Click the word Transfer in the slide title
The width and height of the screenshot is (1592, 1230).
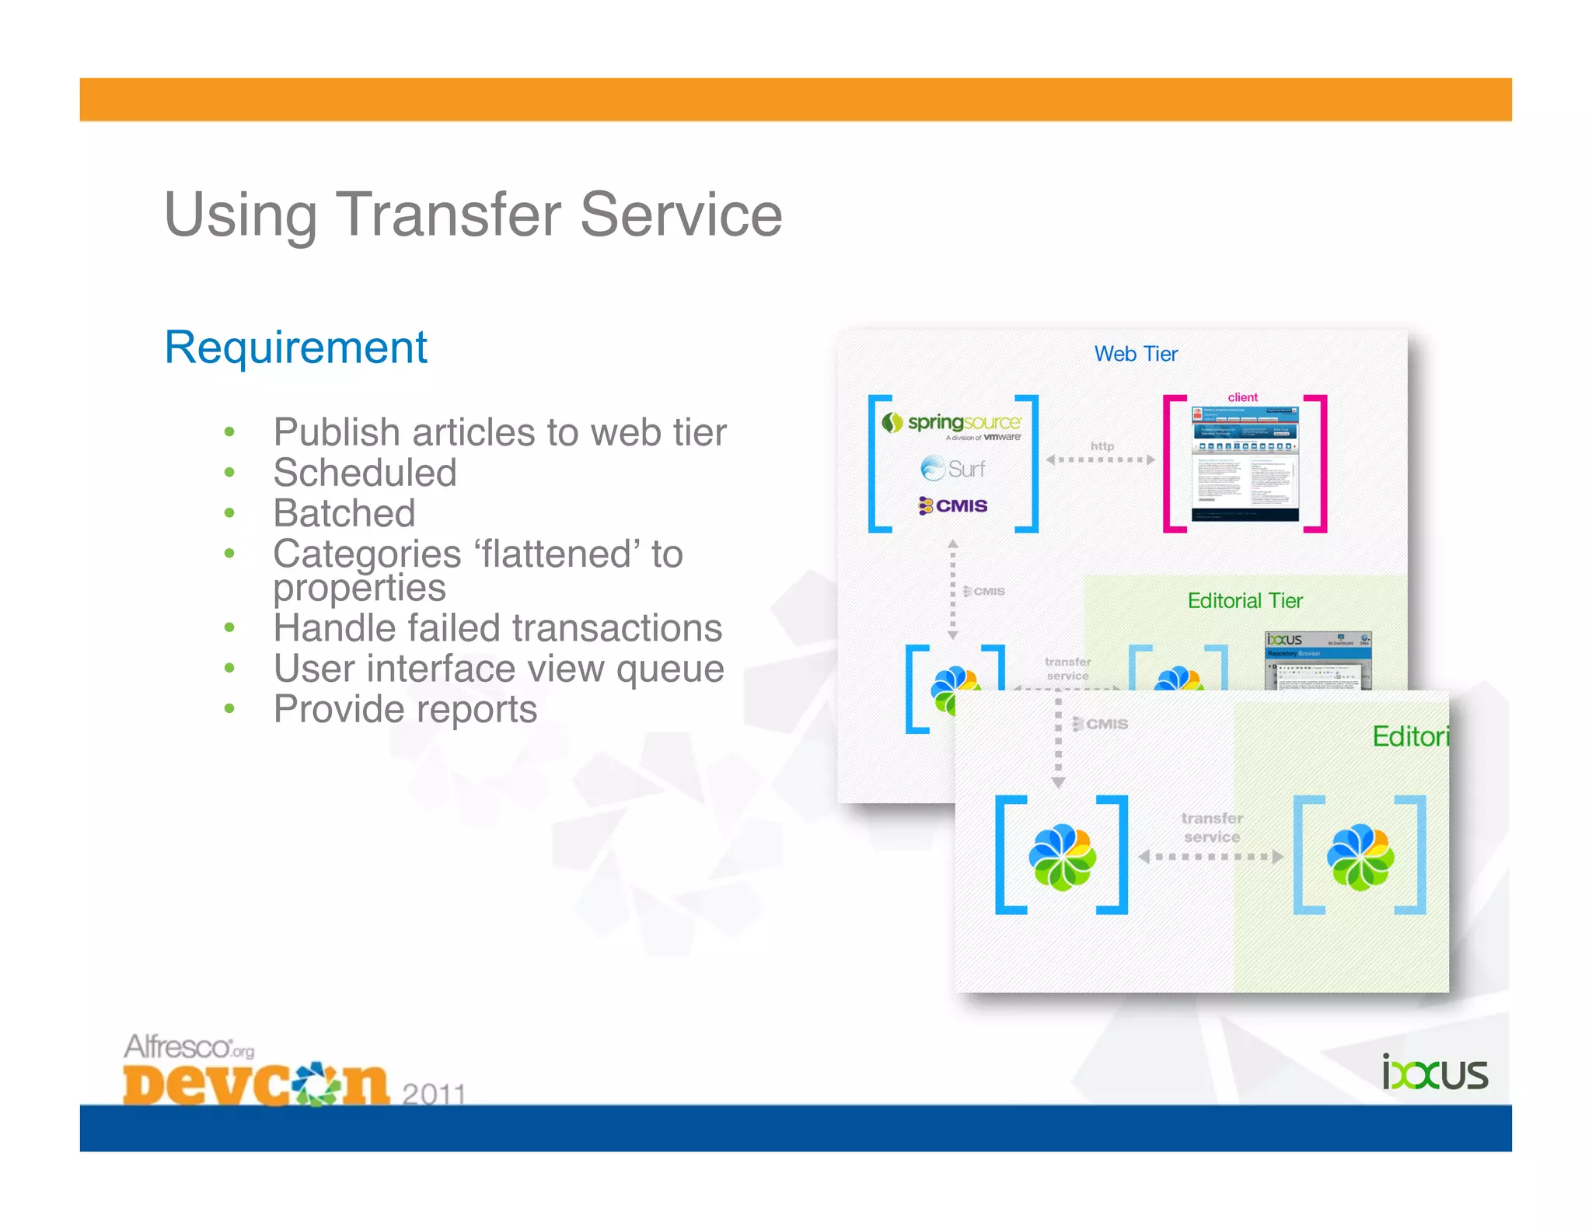pos(448,215)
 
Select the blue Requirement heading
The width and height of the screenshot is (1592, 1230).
pos(295,348)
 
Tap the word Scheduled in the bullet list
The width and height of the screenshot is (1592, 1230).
pos(365,473)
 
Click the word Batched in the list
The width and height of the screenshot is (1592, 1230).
pos(344,513)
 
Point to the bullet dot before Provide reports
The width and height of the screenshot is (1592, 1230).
pos(229,708)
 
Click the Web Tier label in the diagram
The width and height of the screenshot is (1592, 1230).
pos(1135,355)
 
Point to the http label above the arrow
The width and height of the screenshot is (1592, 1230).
pos(1101,446)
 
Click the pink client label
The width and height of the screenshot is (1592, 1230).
pos(1242,397)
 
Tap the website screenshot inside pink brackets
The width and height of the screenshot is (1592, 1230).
pos(1245,463)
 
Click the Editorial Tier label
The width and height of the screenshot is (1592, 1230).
pos(1245,601)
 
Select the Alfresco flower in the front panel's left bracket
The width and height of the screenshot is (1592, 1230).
pos(1062,857)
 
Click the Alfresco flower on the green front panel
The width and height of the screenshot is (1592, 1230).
pos(1360,857)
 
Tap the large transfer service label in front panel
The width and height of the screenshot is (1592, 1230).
pos(1211,827)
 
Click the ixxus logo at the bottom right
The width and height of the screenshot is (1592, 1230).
pos(1434,1074)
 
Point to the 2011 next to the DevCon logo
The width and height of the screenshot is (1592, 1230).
pos(433,1093)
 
